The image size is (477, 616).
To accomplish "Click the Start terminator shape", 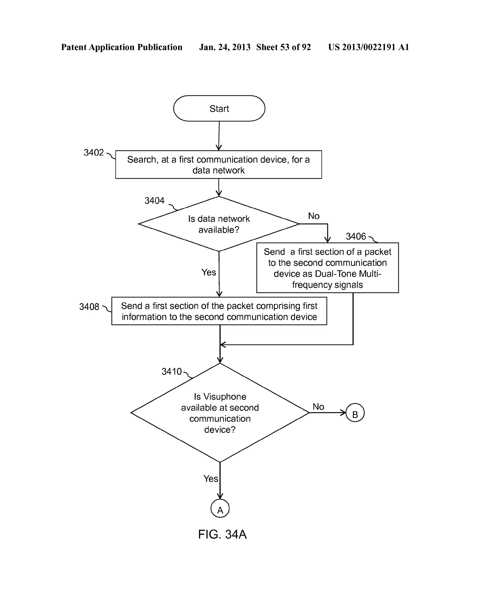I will click(x=219, y=108).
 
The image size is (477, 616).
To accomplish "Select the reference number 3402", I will click(x=94, y=153).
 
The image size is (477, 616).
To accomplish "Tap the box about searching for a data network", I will click(x=218, y=165).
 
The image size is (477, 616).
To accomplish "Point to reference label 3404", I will click(x=154, y=200).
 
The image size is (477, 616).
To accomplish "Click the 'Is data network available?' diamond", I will click(x=219, y=224).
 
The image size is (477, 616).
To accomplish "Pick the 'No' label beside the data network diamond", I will click(x=314, y=216).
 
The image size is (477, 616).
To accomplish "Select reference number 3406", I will click(x=356, y=236).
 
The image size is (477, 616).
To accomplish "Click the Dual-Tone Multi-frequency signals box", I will click(x=327, y=268).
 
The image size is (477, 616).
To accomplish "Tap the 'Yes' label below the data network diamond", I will click(x=209, y=273).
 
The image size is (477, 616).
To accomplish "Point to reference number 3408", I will click(x=89, y=307).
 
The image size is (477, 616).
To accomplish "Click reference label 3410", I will click(x=171, y=371).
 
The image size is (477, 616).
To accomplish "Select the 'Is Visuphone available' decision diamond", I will click(x=220, y=413).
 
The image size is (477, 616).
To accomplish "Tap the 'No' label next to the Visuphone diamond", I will click(x=318, y=407).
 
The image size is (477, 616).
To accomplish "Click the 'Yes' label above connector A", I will click(x=211, y=479).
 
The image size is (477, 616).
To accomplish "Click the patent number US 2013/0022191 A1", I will click(x=368, y=47).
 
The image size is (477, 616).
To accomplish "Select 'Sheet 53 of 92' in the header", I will click(x=283, y=47).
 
